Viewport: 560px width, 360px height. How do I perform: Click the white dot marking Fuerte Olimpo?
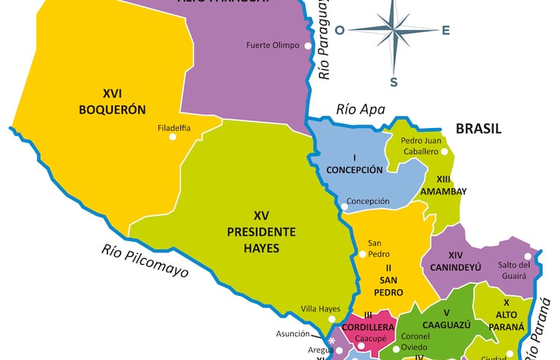[308, 45]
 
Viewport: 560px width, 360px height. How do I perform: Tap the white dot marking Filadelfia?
[173, 136]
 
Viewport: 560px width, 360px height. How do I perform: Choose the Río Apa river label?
[359, 110]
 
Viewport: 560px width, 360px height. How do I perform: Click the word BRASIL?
[479, 129]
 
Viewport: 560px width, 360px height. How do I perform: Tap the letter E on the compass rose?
[446, 30]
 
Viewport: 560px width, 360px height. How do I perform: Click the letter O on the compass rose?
[340, 30]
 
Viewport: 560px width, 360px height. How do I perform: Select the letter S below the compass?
[393, 82]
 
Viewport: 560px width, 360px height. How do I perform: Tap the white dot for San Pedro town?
[361, 254]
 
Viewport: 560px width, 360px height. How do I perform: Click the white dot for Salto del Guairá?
[527, 256]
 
